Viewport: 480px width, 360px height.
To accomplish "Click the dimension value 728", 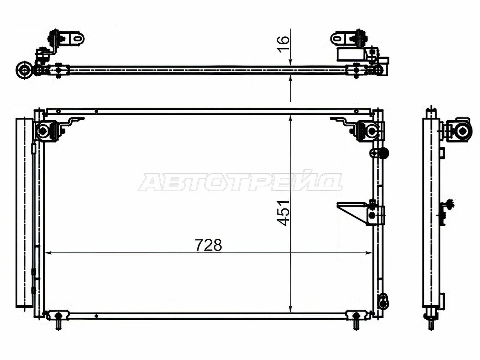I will (208, 245).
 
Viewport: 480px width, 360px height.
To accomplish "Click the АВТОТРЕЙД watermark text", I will (240, 182).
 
